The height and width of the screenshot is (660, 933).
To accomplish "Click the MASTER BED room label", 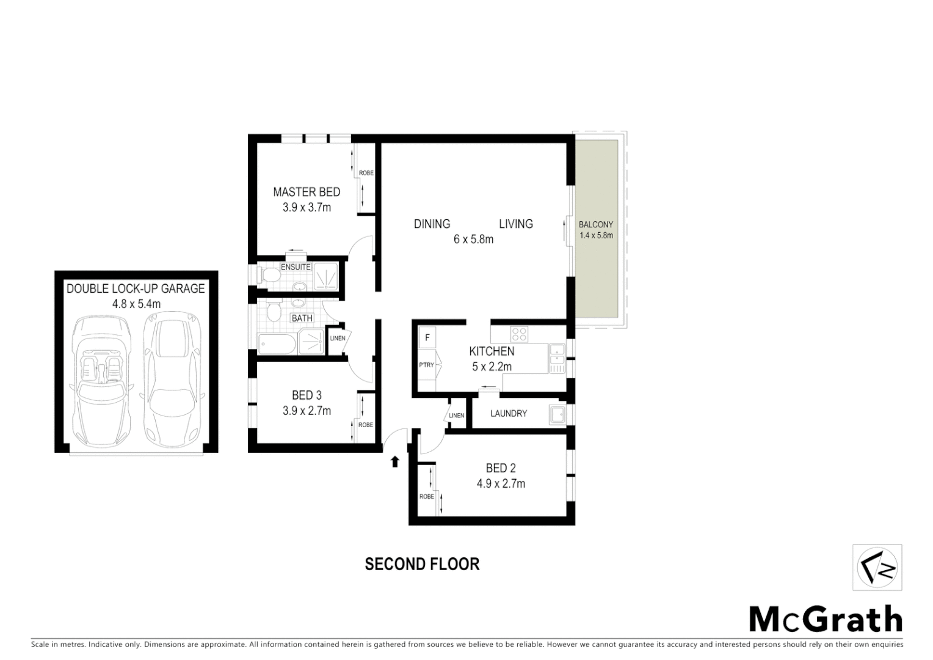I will (306, 192).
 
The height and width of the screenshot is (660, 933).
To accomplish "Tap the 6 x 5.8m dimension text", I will (473, 240).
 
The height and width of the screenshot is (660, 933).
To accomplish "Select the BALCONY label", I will (596, 225).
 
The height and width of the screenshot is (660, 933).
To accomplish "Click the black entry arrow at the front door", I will (394, 461).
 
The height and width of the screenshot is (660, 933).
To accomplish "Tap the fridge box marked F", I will (427, 337).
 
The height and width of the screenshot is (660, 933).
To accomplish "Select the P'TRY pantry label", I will (426, 365).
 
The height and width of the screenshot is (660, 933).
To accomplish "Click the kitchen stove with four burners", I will (519, 334).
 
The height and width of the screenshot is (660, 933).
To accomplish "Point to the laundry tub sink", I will (557, 414).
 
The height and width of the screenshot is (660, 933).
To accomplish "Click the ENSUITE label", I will (296, 267).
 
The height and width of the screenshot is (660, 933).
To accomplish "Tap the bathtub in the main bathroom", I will (277, 343).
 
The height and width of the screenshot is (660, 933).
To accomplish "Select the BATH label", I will (302, 318).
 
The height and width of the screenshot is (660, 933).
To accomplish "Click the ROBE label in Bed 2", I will (426, 496).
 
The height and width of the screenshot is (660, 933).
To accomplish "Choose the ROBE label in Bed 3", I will (365, 425).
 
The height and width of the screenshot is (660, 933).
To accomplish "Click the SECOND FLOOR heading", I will (422, 564).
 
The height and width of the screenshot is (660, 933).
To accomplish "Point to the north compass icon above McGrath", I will (877, 568).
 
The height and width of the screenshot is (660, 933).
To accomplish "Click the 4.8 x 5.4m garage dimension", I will (136, 304).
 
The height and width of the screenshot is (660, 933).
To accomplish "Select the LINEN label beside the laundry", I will (456, 416).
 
